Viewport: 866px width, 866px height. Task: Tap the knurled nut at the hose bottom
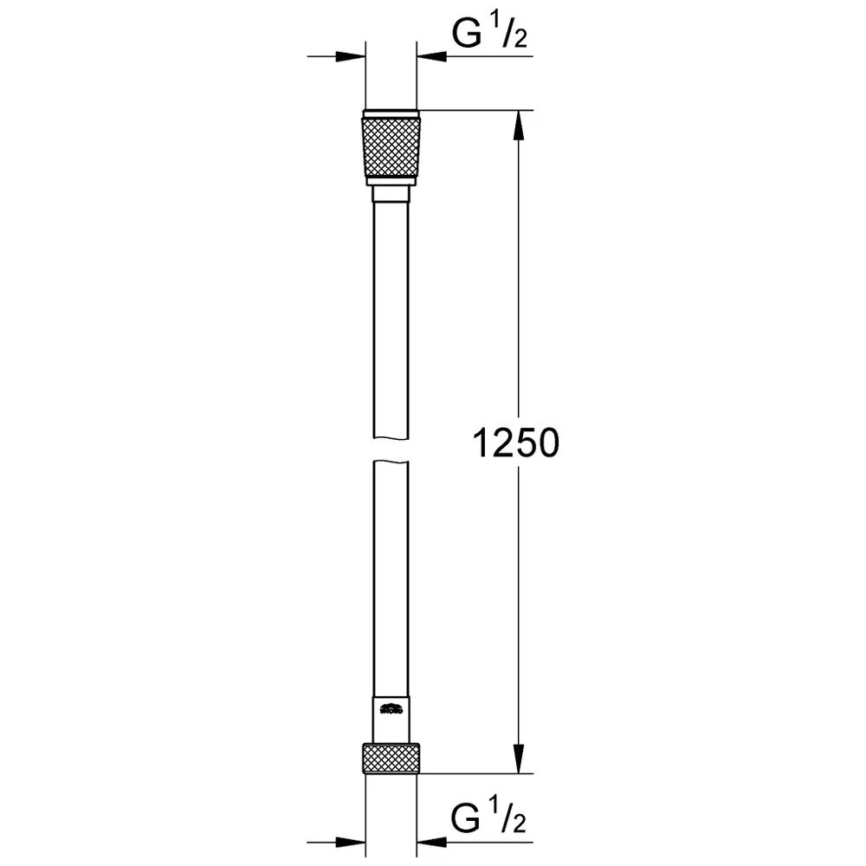tap(391, 758)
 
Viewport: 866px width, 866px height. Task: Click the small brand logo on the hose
tap(391, 710)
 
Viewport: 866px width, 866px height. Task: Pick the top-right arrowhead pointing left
tap(433, 57)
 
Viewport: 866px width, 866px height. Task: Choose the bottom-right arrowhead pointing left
tap(433, 840)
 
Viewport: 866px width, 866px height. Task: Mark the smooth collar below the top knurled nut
tap(391, 181)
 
